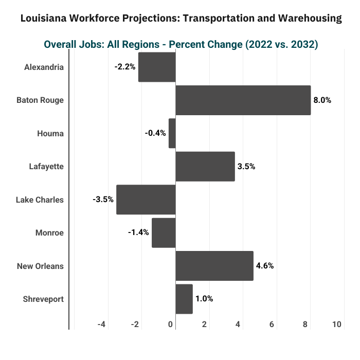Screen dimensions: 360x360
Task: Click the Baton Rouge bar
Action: (x=243, y=100)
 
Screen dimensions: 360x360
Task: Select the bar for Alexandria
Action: (x=157, y=67)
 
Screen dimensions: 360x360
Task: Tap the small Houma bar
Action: (x=172, y=133)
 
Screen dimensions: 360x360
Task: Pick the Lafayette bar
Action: (x=205, y=167)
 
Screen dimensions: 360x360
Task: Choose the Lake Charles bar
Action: (x=146, y=200)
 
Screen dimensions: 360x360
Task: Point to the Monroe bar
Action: (x=164, y=233)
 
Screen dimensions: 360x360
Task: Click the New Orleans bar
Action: (x=214, y=266)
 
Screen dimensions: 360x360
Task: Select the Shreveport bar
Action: (x=184, y=299)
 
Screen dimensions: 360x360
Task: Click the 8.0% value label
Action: (x=322, y=100)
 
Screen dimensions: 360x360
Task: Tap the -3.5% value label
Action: (x=103, y=200)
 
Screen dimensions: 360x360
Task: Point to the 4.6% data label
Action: (x=265, y=266)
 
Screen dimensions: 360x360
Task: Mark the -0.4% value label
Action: (x=155, y=133)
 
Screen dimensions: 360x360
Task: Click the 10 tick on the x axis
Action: (x=337, y=324)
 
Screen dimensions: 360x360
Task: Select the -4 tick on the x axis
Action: (x=101, y=324)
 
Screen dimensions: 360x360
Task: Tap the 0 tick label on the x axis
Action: (x=170, y=324)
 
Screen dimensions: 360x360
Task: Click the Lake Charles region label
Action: (x=40, y=200)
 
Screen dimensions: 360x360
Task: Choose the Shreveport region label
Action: (x=43, y=299)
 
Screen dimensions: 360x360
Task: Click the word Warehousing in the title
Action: (x=310, y=18)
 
